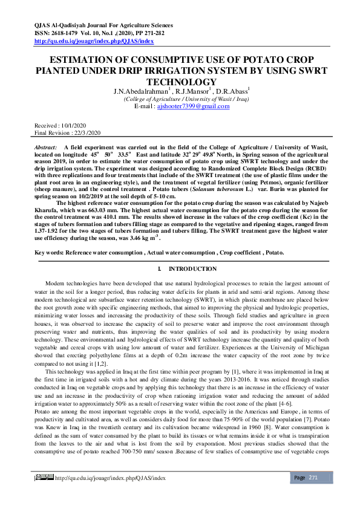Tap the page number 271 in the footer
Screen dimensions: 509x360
click(x=313, y=495)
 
